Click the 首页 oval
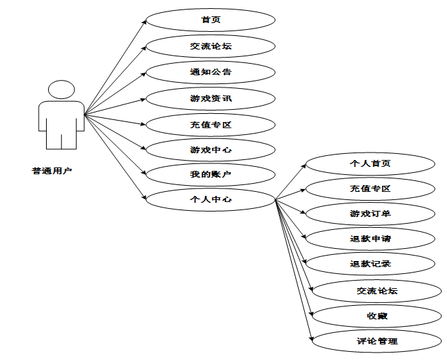click(x=211, y=19)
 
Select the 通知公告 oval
click(x=211, y=71)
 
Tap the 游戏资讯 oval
click(x=211, y=99)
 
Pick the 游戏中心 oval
click(x=211, y=150)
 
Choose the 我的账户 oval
click(x=211, y=175)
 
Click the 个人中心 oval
click(x=211, y=200)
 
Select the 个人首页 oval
click(x=370, y=163)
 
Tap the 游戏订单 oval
click(x=370, y=214)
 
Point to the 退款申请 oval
click(x=370, y=239)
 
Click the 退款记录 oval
click(x=370, y=264)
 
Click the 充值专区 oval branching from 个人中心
click(x=370, y=188)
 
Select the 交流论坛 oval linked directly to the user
click(x=211, y=46)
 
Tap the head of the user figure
click(x=62, y=89)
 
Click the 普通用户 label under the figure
click(x=51, y=171)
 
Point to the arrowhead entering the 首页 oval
click(x=144, y=22)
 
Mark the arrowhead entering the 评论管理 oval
click(x=312, y=339)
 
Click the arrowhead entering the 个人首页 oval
click(x=305, y=165)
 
